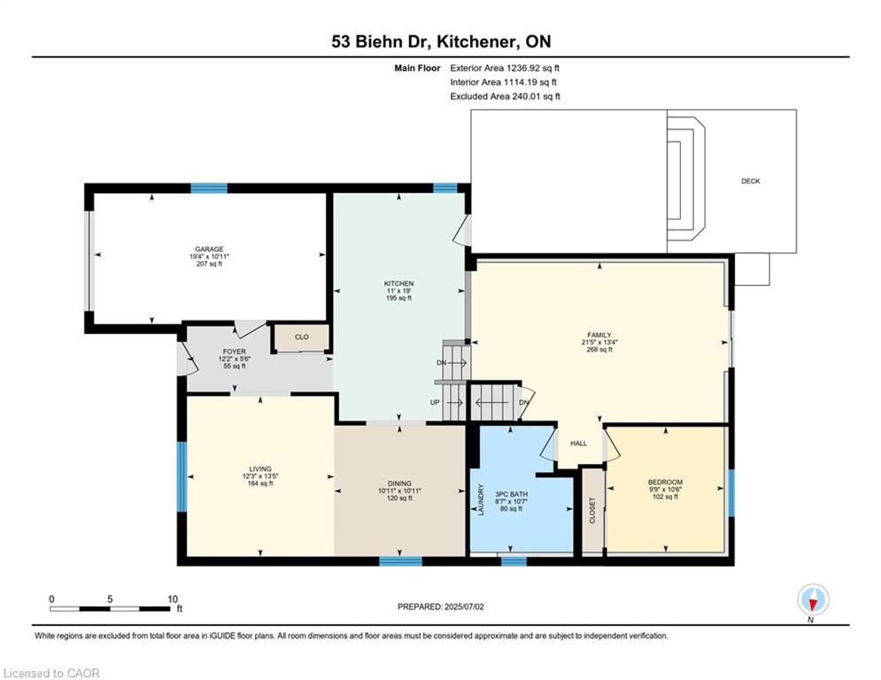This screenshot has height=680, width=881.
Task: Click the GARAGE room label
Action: [209, 249]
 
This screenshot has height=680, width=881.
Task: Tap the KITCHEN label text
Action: [398, 284]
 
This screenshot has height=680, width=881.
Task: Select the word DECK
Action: [751, 181]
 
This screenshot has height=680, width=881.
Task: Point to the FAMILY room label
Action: [599, 335]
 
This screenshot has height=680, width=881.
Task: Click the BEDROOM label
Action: [665, 483]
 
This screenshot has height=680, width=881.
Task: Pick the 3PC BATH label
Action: [511, 495]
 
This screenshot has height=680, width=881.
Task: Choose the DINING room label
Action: [399, 483]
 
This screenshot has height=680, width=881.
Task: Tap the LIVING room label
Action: [260, 468]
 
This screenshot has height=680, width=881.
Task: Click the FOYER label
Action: [235, 352]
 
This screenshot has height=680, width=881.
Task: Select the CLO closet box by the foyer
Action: [301, 337]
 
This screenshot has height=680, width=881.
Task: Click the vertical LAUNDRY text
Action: [481, 499]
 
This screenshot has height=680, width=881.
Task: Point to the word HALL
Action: [579, 444]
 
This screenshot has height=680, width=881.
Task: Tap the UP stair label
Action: [435, 402]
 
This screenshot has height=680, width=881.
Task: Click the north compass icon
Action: [813, 600]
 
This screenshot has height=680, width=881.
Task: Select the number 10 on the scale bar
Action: [173, 599]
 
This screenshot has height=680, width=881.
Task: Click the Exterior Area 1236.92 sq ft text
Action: [505, 68]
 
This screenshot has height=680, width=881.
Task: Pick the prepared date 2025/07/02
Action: [463, 607]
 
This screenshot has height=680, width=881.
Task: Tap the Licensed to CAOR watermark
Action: [51, 673]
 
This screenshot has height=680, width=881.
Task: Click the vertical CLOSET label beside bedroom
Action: [592, 510]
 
